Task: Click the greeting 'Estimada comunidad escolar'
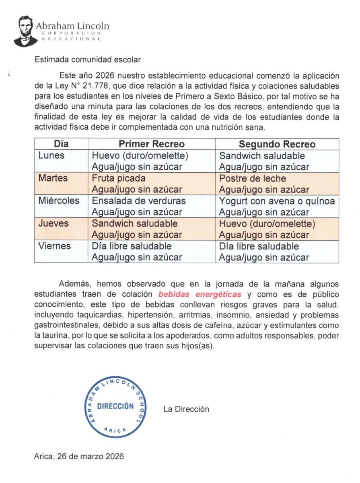click(88, 60)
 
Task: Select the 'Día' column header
click(61, 144)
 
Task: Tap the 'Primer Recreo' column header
click(151, 144)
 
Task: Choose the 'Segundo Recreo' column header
click(277, 144)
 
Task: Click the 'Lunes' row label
click(51, 156)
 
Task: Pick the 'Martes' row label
click(53, 178)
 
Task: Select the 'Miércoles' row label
click(59, 201)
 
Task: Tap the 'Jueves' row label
click(53, 223)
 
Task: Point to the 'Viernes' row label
click(54, 246)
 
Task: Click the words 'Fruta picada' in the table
click(119, 178)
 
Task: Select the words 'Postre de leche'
click(253, 178)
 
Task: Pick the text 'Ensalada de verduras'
click(139, 201)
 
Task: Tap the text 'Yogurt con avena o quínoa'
click(277, 201)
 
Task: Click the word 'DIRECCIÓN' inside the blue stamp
click(115, 406)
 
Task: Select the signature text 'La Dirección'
click(186, 409)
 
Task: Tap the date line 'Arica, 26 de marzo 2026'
click(79, 456)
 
